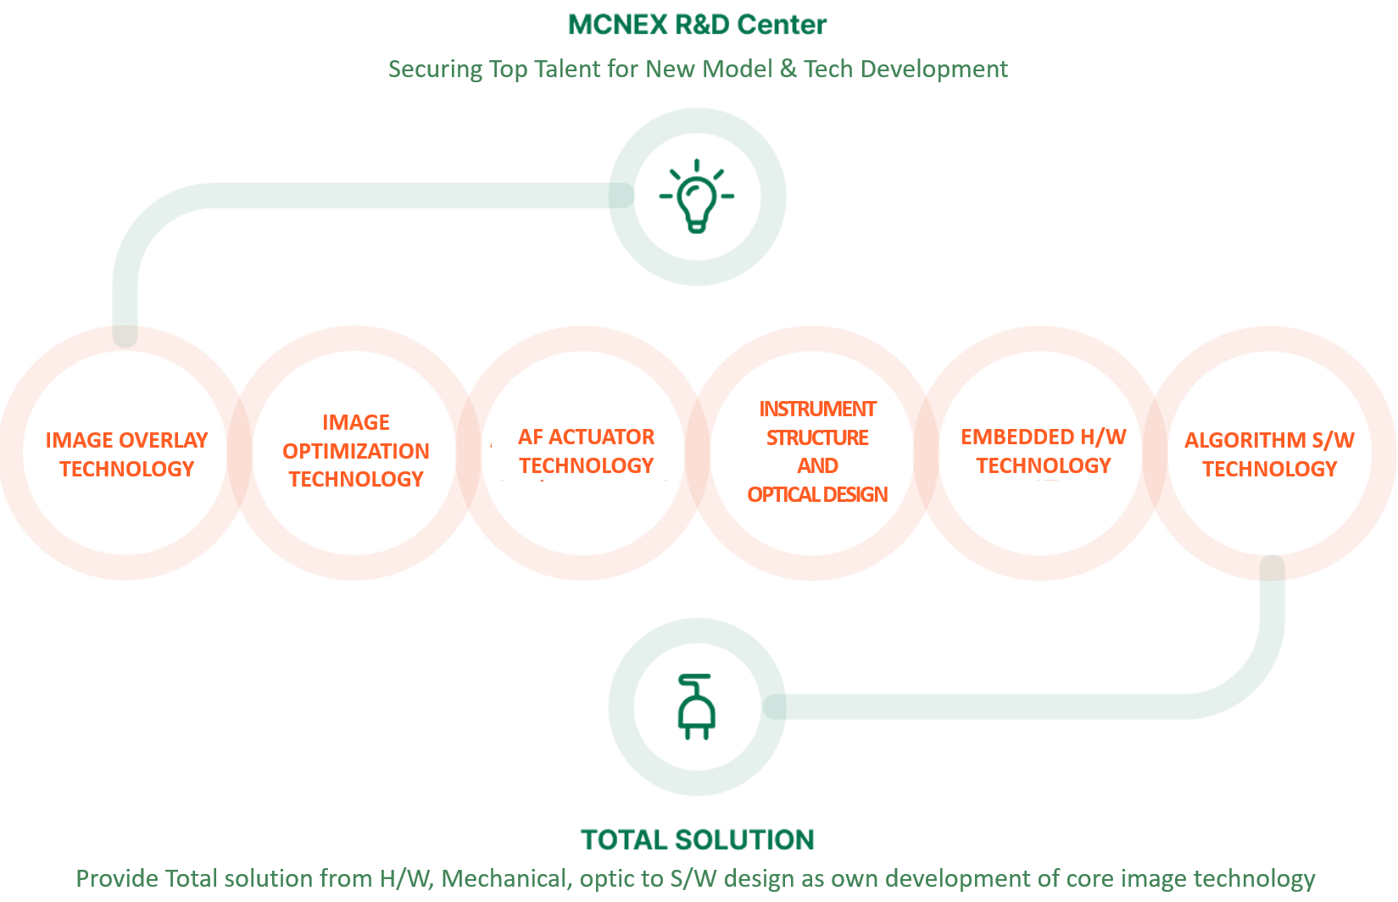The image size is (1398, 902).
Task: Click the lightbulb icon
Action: coord(697,196)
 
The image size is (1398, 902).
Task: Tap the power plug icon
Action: coord(697,707)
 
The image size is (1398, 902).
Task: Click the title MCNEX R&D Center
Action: coord(697,25)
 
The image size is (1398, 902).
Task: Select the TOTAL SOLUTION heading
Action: coord(697,839)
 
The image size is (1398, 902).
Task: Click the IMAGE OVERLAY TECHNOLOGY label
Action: coord(126,454)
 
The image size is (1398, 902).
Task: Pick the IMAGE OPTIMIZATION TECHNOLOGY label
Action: coord(356,451)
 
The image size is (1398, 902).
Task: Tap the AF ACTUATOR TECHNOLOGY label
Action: coord(586,451)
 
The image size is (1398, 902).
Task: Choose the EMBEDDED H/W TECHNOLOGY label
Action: coord(1044,451)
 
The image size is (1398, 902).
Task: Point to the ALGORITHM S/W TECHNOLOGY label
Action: coord(1269,454)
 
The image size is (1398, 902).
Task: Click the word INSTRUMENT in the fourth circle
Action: coord(817,409)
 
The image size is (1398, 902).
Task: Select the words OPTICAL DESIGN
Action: coord(817,494)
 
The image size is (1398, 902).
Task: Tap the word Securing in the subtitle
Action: coord(435,70)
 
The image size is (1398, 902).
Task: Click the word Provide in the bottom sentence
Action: coord(117,878)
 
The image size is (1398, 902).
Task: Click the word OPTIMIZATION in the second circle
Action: coord(356,451)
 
